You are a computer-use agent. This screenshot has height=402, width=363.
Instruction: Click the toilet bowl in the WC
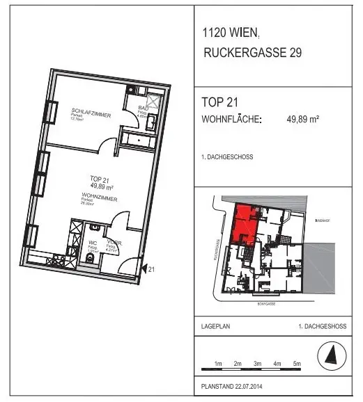[89, 260]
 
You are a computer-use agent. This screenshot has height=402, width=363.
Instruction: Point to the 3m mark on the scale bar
[257, 364]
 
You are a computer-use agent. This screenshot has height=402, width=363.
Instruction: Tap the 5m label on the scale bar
[296, 364]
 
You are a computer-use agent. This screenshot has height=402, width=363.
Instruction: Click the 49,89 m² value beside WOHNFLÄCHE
[302, 119]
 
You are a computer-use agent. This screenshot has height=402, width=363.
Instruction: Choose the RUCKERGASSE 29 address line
[251, 52]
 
